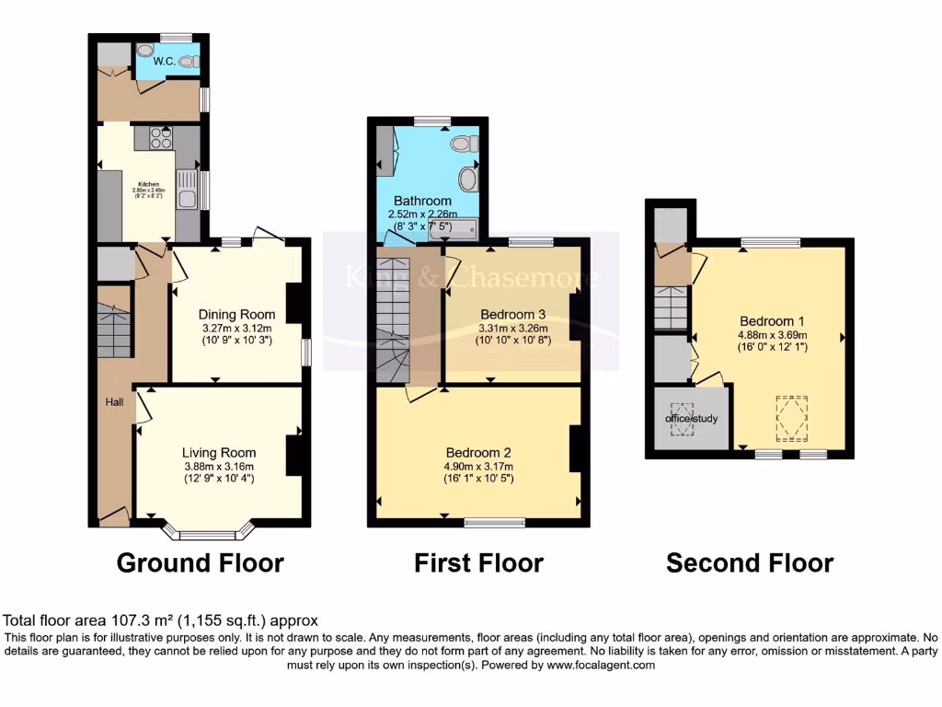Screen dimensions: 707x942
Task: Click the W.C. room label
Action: tap(165, 62)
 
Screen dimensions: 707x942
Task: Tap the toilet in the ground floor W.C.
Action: tap(189, 62)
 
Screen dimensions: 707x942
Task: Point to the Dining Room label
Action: tap(237, 315)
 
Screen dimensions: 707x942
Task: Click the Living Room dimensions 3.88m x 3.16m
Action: tap(218, 466)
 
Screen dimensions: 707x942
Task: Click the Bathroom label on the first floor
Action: tap(422, 201)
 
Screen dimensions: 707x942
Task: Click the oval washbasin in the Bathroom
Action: tap(468, 179)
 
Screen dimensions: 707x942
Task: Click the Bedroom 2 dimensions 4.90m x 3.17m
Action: tap(477, 466)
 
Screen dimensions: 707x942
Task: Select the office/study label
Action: tap(691, 419)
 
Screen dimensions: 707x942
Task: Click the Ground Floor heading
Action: tap(200, 562)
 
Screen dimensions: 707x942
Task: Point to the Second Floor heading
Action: tap(750, 562)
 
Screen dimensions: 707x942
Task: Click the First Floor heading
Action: tap(478, 562)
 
